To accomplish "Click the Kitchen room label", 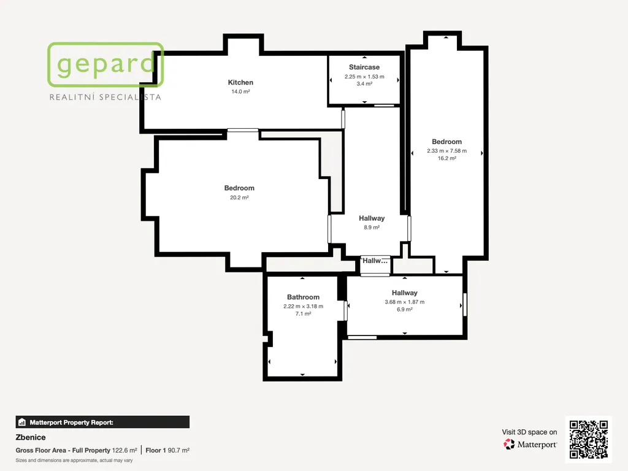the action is point(240,83).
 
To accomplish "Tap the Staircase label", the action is point(364,67).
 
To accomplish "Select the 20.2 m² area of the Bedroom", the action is point(239,197).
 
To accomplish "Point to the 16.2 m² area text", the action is point(446,158).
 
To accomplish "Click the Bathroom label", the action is point(303,297).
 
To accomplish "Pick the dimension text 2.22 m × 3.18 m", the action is point(303,307).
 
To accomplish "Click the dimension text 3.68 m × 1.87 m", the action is point(405,302).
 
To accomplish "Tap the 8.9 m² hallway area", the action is point(372,228).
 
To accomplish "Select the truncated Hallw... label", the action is point(375,261).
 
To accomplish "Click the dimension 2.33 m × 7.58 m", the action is point(446,151).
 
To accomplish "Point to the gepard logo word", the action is point(105,65).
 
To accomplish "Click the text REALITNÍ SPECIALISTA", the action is point(105,97).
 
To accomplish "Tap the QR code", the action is point(588,439).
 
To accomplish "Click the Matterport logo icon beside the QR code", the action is point(509,444).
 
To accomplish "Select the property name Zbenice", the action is point(31,437).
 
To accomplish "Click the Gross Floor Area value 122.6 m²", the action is point(124,450).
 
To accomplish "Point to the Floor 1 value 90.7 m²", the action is point(178,450).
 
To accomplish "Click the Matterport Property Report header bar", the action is point(102,422).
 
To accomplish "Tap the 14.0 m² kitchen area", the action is point(240,92).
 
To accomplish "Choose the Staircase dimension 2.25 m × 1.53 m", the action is point(364,77).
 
